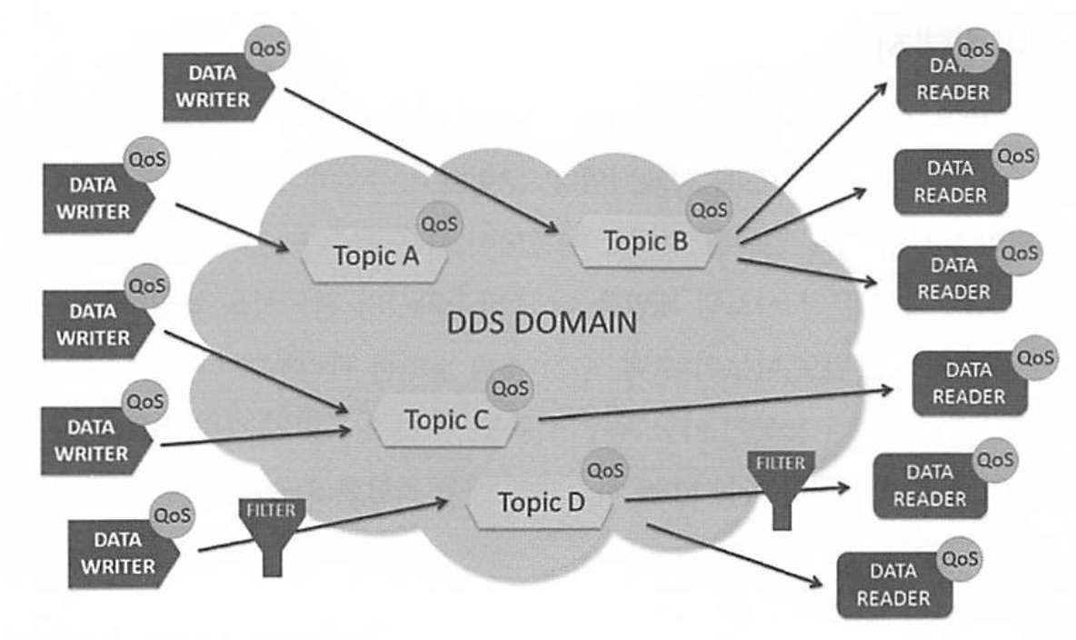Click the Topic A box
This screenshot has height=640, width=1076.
click(x=375, y=256)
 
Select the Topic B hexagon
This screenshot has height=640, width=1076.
click(x=646, y=242)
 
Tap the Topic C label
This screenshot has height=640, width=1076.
click(x=446, y=420)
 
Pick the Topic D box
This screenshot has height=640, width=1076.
click(x=541, y=503)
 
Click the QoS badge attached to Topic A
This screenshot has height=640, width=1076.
click(x=439, y=224)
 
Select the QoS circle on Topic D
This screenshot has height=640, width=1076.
click(x=605, y=471)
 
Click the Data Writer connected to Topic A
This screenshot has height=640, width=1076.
click(x=95, y=198)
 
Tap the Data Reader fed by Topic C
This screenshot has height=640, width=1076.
click(x=967, y=384)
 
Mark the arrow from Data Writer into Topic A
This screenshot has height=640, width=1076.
click(x=233, y=226)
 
